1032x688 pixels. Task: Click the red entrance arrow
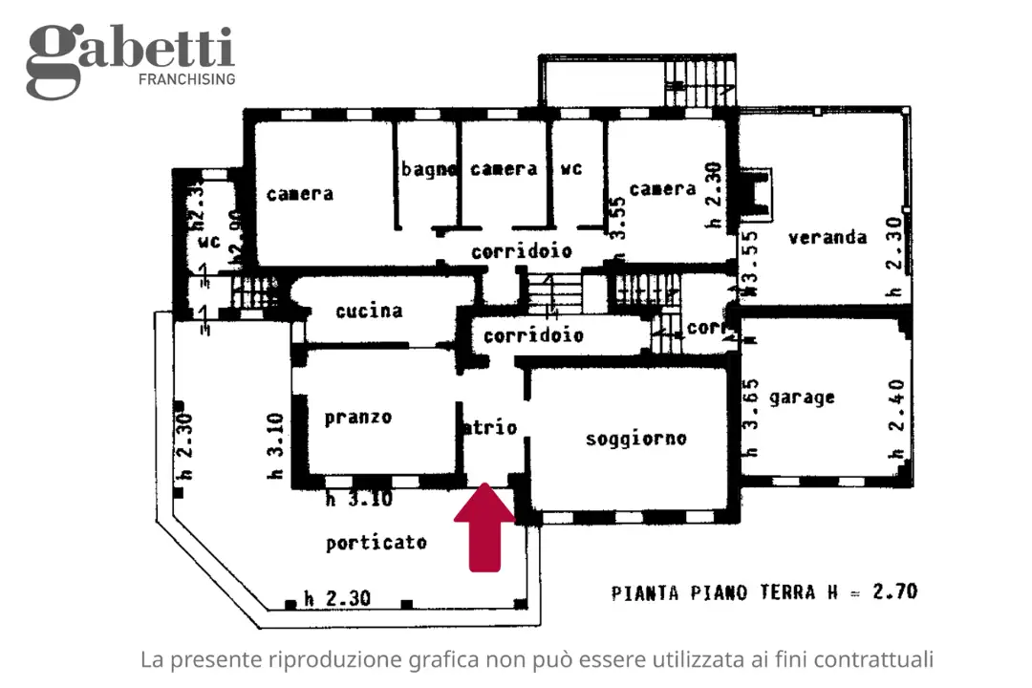(x=484, y=527)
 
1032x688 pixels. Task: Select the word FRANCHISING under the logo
(x=187, y=79)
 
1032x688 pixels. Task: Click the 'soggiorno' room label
(x=635, y=439)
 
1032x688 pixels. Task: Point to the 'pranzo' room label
(x=357, y=417)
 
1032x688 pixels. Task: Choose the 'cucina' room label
(x=369, y=311)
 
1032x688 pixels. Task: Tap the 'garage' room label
(x=802, y=397)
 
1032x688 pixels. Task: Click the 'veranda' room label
(x=828, y=237)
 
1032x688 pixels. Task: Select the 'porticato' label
(x=376, y=543)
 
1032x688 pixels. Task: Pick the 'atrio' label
(x=490, y=427)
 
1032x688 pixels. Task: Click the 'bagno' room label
(x=428, y=169)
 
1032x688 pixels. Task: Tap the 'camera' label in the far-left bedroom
(x=300, y=193)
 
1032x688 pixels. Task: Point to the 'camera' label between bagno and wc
(x=504, y=169)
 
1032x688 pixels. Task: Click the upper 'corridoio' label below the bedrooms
(x=522, y=251)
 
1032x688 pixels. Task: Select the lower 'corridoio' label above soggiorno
(x=533, y=335)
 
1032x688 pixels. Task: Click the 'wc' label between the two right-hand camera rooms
(x=570, y=169)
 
